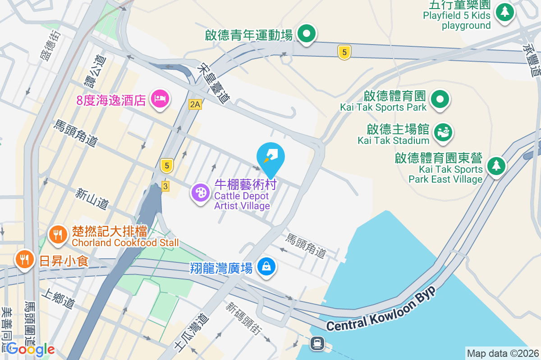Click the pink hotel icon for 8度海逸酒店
[x=160, y=98]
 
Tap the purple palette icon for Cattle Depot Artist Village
[x=200, y=193]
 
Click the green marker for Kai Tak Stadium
[x=443, y=132]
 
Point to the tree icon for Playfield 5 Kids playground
[x=504, y=12]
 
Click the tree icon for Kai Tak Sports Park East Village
[x=496, y=166]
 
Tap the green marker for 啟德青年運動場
[x=307, y=33]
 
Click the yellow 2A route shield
[x=195, y=104]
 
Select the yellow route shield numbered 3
[x=165, y=186]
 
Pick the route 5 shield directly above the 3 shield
[x=167, y=166]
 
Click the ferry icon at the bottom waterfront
[x=317, y=344]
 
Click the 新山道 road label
[x=92, y=198]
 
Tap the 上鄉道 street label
[x=57, y=298]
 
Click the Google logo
[x=31, y=349]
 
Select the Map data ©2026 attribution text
[x=502, y=353]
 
